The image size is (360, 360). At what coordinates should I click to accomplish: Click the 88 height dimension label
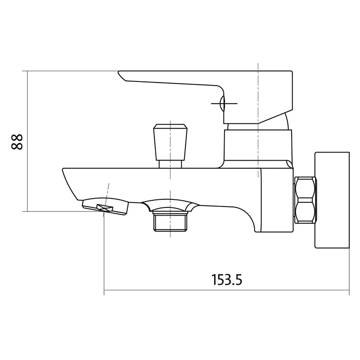tap(17, 142)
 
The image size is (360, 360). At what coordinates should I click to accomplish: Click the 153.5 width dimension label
tap(227, 279)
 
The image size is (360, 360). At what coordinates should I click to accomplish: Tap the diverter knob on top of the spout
tap(170, 142)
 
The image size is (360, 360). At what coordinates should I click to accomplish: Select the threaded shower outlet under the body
tap(170, 221)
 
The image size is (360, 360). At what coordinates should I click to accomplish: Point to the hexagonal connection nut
tap(306, 200)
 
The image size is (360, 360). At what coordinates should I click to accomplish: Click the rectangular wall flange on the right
tap(332, 200)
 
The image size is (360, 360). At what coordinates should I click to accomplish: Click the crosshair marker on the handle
tap(224, 103)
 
